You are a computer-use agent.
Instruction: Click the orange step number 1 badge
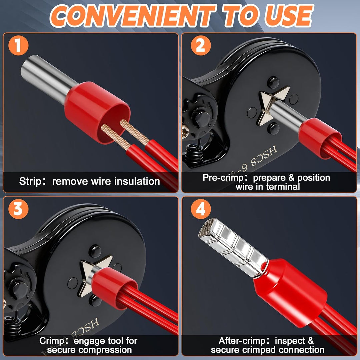point(18,45)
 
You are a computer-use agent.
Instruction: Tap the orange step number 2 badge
point(201,45)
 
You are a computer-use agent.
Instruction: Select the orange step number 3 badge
point(18,209)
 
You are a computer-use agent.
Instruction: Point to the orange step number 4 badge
point(201,209)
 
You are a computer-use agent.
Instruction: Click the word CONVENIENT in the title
point(133,15)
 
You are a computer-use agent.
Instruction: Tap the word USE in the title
point(289,15)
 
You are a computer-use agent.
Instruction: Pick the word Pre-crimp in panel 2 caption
point(223,178)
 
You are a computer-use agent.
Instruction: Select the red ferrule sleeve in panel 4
point(290,293)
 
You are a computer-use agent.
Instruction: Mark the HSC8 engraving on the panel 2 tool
point(264,156)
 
